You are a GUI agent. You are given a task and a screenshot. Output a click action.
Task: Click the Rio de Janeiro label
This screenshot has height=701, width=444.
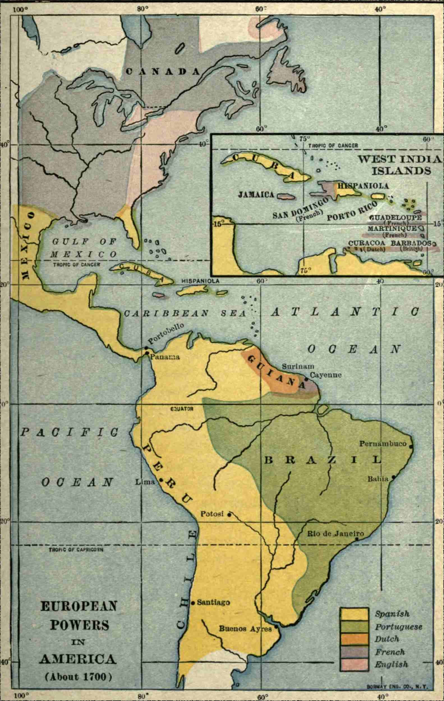[335, 534]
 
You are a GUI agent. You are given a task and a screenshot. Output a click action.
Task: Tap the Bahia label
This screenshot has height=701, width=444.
[378, 478]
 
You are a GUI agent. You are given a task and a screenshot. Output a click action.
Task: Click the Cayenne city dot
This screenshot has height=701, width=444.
[306, 379]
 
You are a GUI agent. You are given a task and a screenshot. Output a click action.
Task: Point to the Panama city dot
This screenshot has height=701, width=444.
[147, 353]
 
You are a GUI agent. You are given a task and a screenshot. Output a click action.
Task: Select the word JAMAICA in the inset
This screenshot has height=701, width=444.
[256, 194]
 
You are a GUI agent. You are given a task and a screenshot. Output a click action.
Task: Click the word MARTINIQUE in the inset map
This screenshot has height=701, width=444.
[392, 228]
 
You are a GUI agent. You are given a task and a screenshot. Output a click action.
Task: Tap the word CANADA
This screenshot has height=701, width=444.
[163, 72]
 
